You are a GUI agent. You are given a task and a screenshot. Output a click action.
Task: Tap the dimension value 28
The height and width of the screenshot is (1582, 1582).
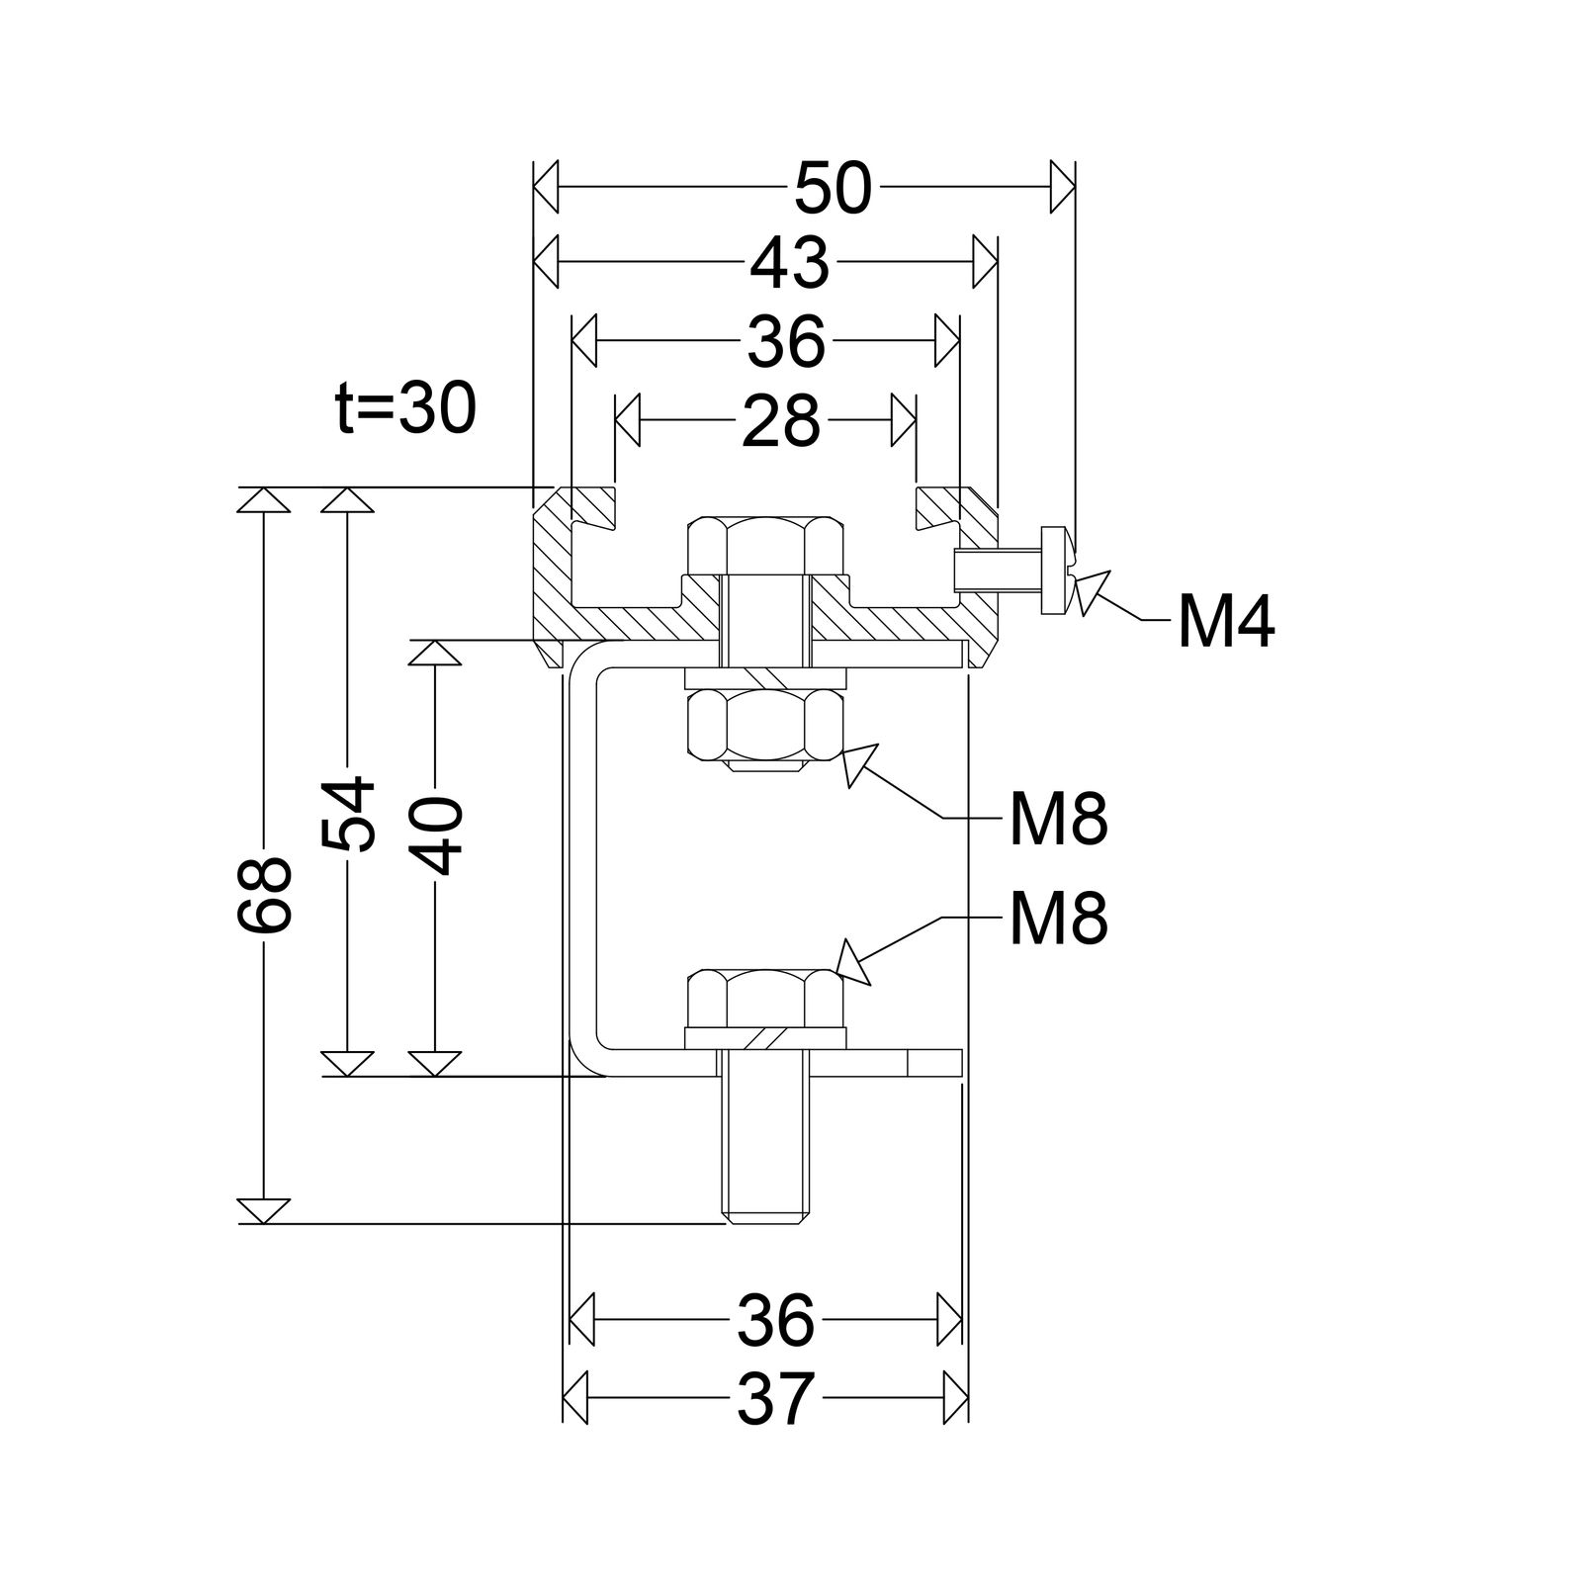click(780, 421)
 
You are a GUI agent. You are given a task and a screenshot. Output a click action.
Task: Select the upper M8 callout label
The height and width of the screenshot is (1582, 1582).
click(1058, 820)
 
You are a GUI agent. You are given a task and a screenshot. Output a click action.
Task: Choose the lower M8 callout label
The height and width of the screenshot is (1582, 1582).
click(1058, 920)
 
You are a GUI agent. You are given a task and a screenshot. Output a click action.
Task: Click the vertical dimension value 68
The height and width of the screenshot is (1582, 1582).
click(265, 895)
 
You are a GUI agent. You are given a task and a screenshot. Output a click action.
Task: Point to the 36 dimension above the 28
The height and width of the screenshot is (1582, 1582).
click(785, 342)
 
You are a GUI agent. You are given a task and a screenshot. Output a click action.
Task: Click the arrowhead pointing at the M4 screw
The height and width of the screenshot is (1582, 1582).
click(1093, 591)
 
